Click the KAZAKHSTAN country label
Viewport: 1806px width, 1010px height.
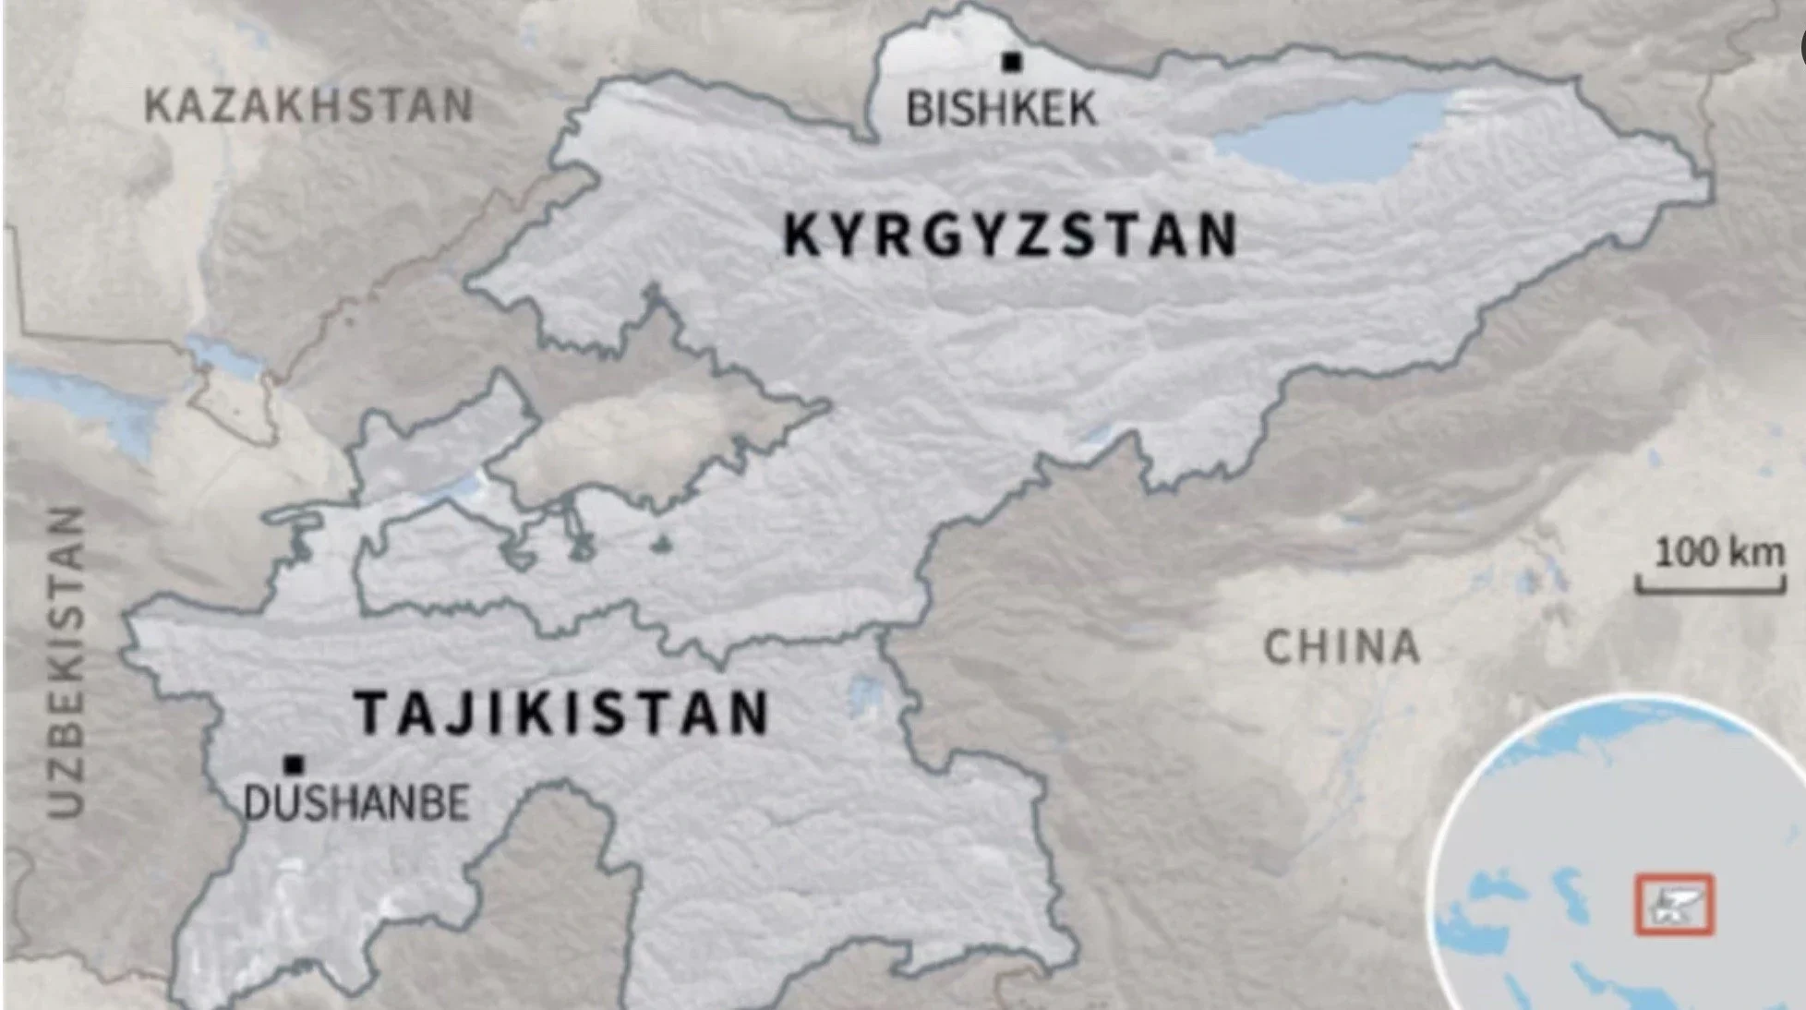[308, 105]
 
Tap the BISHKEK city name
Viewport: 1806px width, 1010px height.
[1001, 109]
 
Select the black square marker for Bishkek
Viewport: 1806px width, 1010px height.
[1012, 62]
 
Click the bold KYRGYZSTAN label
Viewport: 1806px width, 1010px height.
[1010, 234]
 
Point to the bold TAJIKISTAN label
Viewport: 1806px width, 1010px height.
[561, 713]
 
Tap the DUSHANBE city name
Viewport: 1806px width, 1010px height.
[356, 803]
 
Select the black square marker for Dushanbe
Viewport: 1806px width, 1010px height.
[294, 764]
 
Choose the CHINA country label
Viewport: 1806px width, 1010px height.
[1341, 647]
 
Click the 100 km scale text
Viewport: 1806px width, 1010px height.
[1718, 553]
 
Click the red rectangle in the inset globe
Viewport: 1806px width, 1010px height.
[1674, 905]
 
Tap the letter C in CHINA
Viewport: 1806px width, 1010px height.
[1279, 647]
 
